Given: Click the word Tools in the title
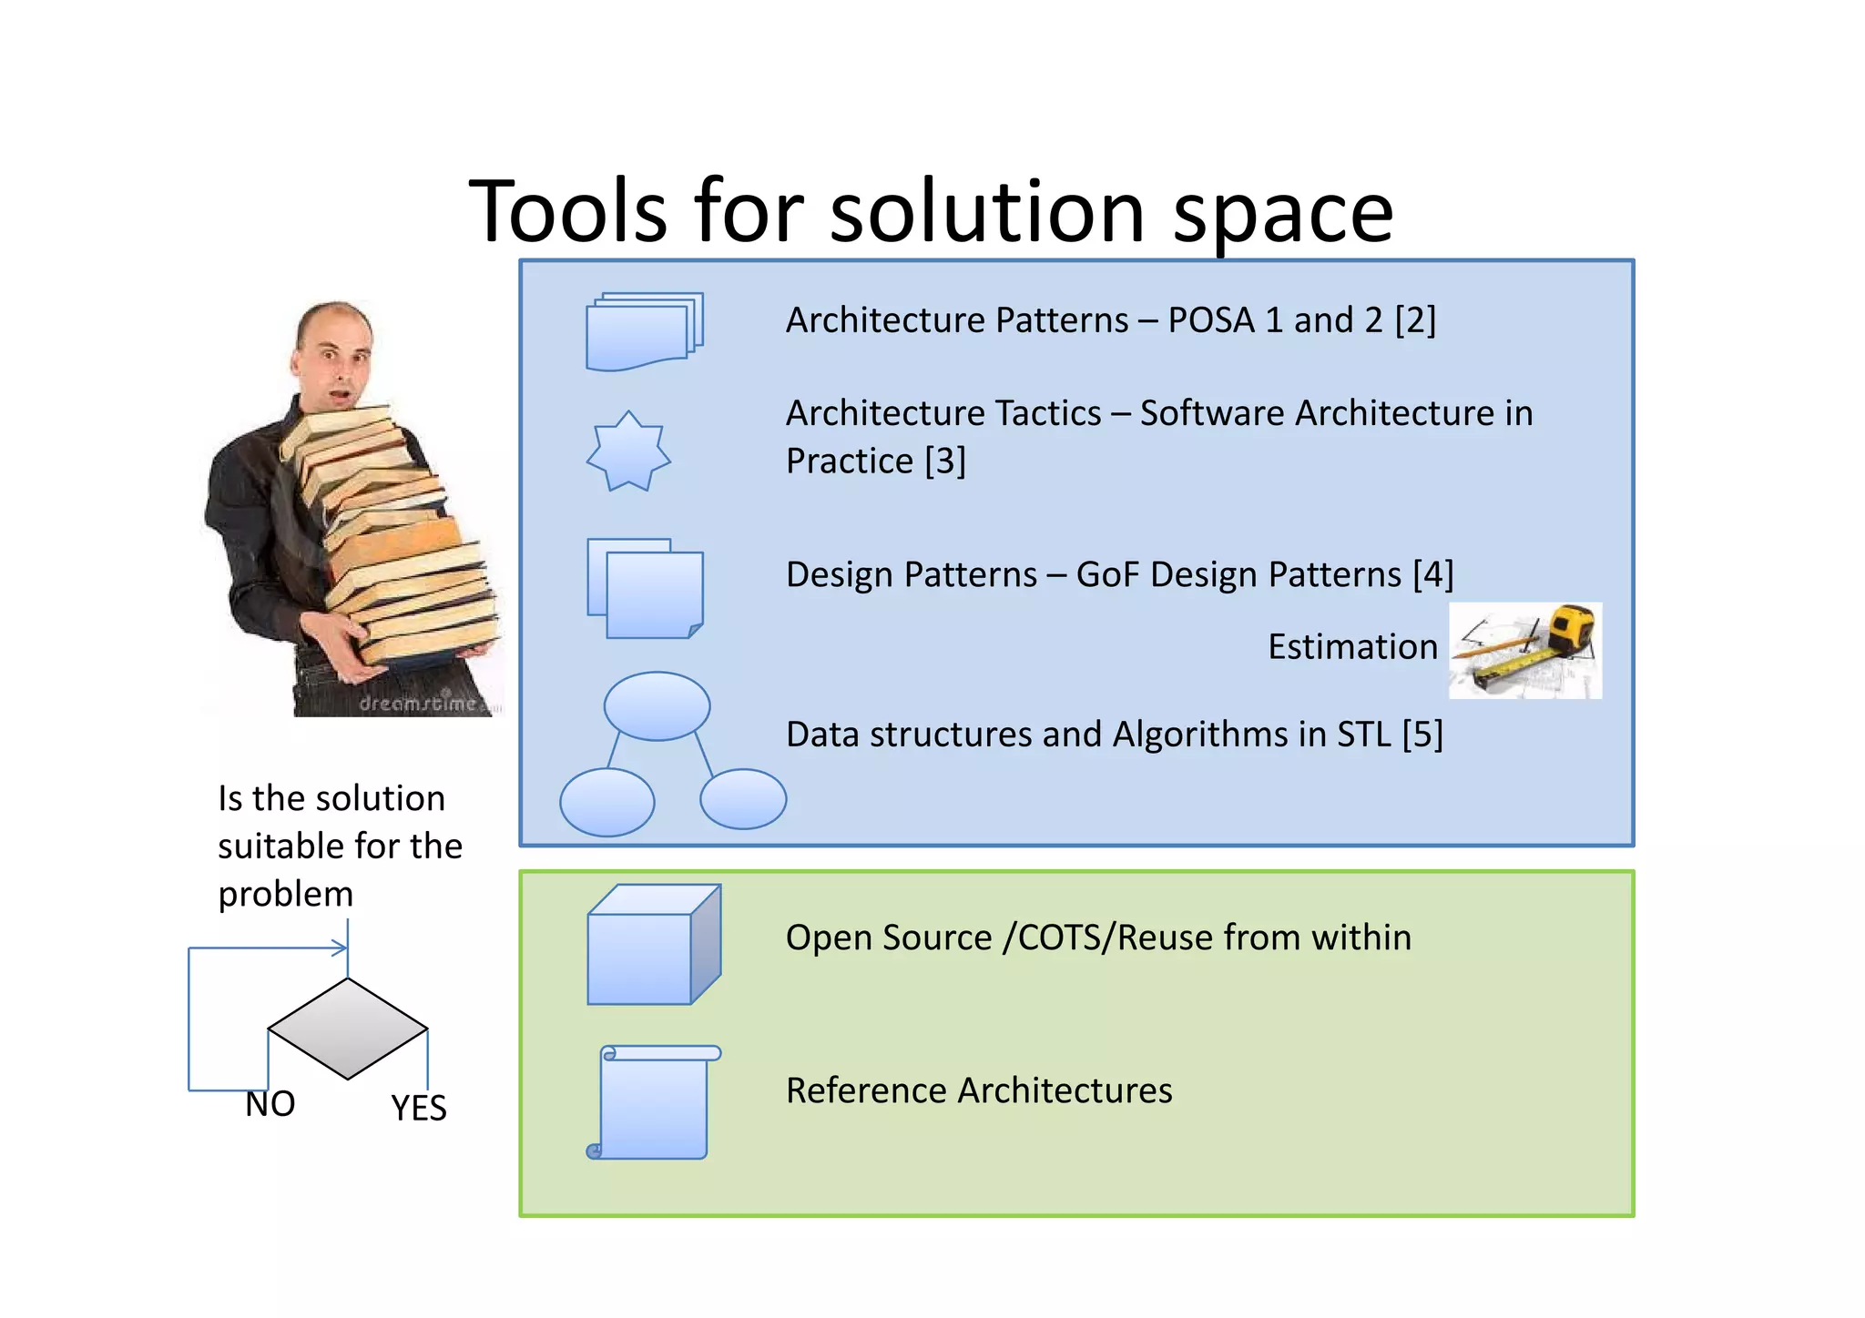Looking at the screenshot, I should coord(567,212).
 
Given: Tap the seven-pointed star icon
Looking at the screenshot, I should coord(628,451).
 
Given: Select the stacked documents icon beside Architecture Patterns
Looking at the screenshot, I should coord(644,331).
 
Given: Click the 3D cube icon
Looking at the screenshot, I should coord(653,945).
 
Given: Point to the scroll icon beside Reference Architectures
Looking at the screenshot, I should coord(653,1102).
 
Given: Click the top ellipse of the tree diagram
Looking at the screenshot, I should coord(657,705).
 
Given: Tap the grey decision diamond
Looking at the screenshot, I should coord(348,1029).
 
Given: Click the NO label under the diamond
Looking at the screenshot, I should coord(270,1104).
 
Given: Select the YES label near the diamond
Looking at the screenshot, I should coord(419,1109).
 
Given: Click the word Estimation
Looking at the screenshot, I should coord(1352,647).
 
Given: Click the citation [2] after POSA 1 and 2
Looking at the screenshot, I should coord(1415,320).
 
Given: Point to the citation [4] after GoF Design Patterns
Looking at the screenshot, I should coord(1432,575).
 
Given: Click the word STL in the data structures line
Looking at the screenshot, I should coord(1363,735).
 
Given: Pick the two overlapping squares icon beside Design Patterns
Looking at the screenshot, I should coord(646,588).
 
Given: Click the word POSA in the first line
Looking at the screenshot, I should coord(1210,320).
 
